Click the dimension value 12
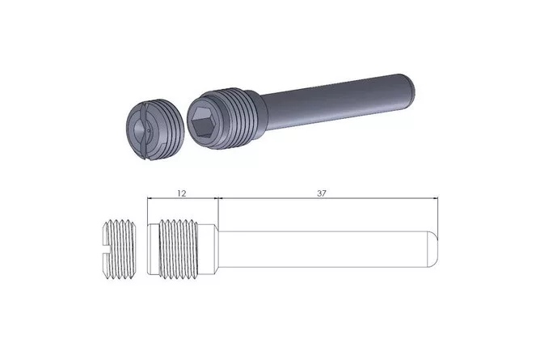[182, 193]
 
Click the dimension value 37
[321, 193]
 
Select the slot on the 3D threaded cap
[145, 130]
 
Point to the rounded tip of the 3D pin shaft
[410, 86]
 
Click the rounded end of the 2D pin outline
[433, 249]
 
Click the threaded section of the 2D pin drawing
[178, 248]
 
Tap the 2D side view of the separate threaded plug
[120, 249]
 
